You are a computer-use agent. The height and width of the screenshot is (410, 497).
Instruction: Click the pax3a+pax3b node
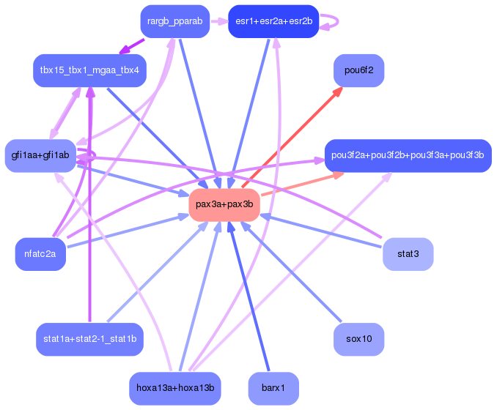[224, 206]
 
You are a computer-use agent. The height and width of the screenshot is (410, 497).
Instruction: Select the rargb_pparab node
[174, 21]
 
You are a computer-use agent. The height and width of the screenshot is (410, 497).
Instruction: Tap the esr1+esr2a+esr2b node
[273, 21]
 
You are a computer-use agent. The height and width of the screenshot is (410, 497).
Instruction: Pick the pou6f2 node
[359, 70]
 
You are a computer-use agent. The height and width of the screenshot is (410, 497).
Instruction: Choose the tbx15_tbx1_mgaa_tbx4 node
[90, 70]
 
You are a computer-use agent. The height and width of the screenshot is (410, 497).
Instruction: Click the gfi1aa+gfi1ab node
[40, 155]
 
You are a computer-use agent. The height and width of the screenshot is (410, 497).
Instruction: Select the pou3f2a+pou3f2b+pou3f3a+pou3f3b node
[407, 155]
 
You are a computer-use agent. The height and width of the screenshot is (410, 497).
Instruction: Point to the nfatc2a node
[40, 254]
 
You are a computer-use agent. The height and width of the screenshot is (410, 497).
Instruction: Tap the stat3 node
[408, 254]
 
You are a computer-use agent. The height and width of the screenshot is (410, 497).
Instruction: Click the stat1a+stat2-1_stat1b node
[89, 339]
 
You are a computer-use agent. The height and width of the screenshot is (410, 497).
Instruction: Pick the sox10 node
[359, 339]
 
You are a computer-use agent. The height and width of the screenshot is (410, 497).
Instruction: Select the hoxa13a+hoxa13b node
[174, 388]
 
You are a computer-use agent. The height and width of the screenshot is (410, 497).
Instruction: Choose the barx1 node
[273, 388]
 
